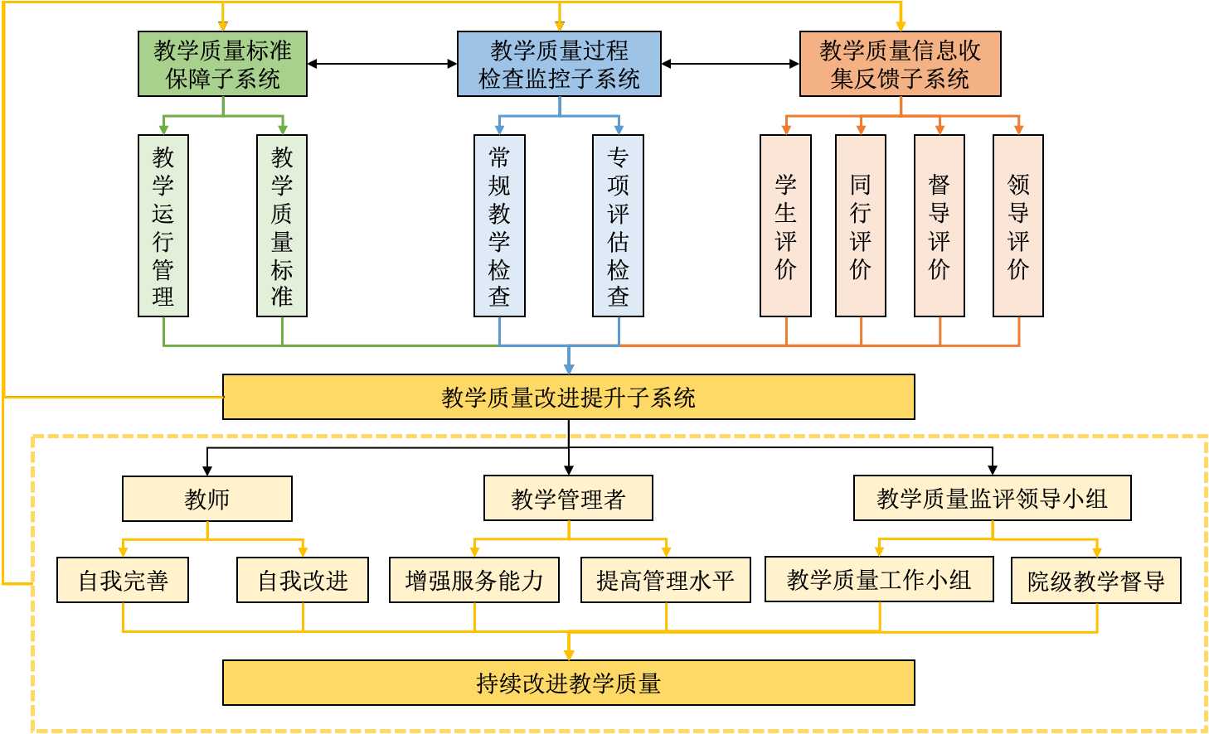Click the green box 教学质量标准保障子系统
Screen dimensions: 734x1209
click(222, 64)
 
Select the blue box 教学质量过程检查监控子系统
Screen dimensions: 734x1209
click(559, 64)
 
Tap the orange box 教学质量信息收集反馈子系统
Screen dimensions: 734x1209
click(900, 64)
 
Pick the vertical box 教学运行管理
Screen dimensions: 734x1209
click(163, 225)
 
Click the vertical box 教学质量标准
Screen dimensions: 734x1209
click(282, 225)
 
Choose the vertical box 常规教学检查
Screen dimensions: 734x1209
click(499, 225)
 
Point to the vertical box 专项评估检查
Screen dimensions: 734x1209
click(618, 225)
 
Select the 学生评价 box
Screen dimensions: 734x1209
click(785, 225)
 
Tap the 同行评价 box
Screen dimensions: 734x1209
click(861, 225)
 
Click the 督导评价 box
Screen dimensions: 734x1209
click(940, 225)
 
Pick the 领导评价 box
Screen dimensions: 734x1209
click(1018, 225)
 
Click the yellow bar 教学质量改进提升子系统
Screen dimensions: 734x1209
click(568, 397)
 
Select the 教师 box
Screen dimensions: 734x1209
click(207, 499)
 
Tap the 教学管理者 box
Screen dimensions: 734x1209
click(568, 499)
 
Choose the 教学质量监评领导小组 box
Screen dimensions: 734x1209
click(992, 498)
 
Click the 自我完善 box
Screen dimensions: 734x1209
click(123, 580)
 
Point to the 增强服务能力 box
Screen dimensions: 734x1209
click(474, 580)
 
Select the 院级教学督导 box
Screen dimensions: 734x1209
click(1096, 581)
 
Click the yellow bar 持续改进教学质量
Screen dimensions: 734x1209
click(568, 683)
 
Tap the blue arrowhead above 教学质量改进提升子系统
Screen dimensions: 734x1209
click(568, 368)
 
